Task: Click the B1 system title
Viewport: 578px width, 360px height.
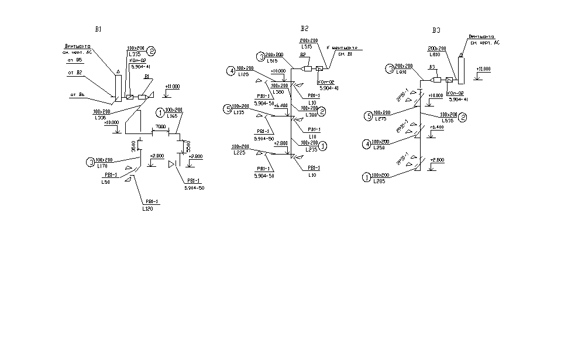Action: coord(98,29)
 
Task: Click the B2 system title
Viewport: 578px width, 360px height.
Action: coord(304,29)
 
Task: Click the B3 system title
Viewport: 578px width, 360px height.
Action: coord(436,30)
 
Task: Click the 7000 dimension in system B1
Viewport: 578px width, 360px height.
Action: coord(160,127)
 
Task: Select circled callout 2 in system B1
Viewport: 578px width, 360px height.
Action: coord(151,51)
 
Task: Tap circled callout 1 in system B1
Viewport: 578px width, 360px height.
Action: coord(160,112)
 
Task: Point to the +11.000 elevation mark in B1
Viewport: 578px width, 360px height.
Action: coord(173,86)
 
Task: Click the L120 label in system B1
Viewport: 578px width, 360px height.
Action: coord(147,208)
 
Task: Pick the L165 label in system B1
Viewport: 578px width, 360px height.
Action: coord(173,116)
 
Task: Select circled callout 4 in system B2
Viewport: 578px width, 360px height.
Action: coord(232,71)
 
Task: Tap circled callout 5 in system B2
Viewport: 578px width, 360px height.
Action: coord(228,108)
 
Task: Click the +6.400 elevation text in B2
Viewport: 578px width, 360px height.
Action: coord(281,106)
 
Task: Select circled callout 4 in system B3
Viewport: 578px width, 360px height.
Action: coord(367,143)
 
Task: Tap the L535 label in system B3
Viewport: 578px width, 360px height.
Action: coord(448,121)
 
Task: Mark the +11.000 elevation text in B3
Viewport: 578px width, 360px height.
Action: coord(484,68)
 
